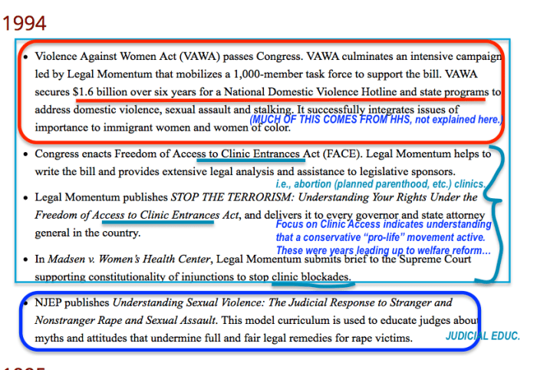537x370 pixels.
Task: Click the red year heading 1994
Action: point(24,24)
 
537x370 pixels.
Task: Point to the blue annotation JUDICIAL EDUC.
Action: point(483,336)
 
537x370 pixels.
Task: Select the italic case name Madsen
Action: point(62,259)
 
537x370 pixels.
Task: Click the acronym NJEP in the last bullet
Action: point(51,302)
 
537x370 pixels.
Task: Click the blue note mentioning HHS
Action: point(375,120)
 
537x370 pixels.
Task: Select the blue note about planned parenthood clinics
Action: point(380,184)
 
